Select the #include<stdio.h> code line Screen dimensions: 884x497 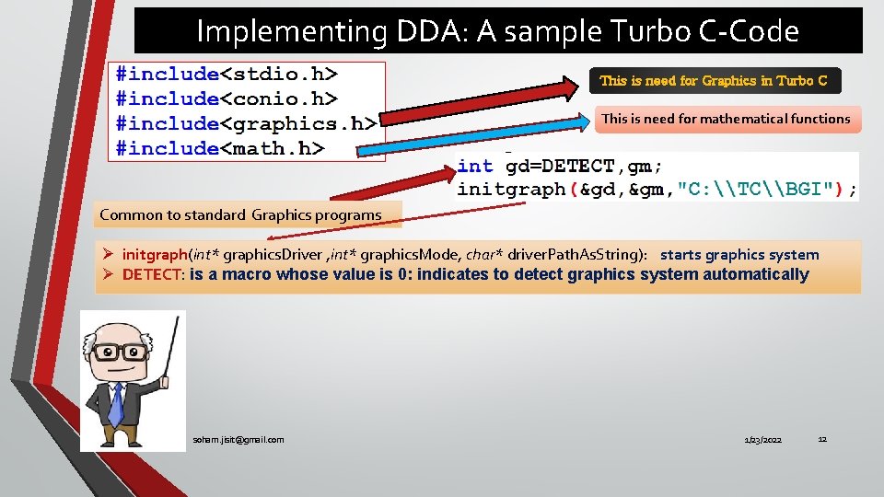[x=227, y=74]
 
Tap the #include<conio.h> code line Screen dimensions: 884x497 [x=227, y=98]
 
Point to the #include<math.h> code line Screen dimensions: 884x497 [x=220, y=147]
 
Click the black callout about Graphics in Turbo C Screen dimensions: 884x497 [x=714, y=81]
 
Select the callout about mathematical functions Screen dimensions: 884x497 [x=726, y=119]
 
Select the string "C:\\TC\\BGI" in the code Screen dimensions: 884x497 [x=756, y=190]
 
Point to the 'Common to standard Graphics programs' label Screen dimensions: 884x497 [x=240, y=215]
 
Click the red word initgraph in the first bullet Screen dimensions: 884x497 [x=155, y=255]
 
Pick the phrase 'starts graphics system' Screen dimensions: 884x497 [x=739, y=255]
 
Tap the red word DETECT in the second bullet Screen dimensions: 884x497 [x=153, y=274]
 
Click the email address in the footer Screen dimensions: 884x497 [x=238, y=440]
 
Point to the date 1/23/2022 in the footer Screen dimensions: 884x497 [x=762, y=441]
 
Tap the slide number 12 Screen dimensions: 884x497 [x=822, y=439]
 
